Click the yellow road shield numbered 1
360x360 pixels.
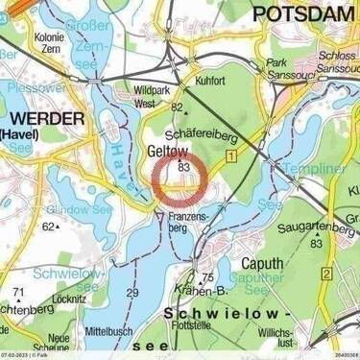pos(231,155)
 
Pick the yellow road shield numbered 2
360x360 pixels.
pos(327,276)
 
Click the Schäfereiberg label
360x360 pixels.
pos(203,133)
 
